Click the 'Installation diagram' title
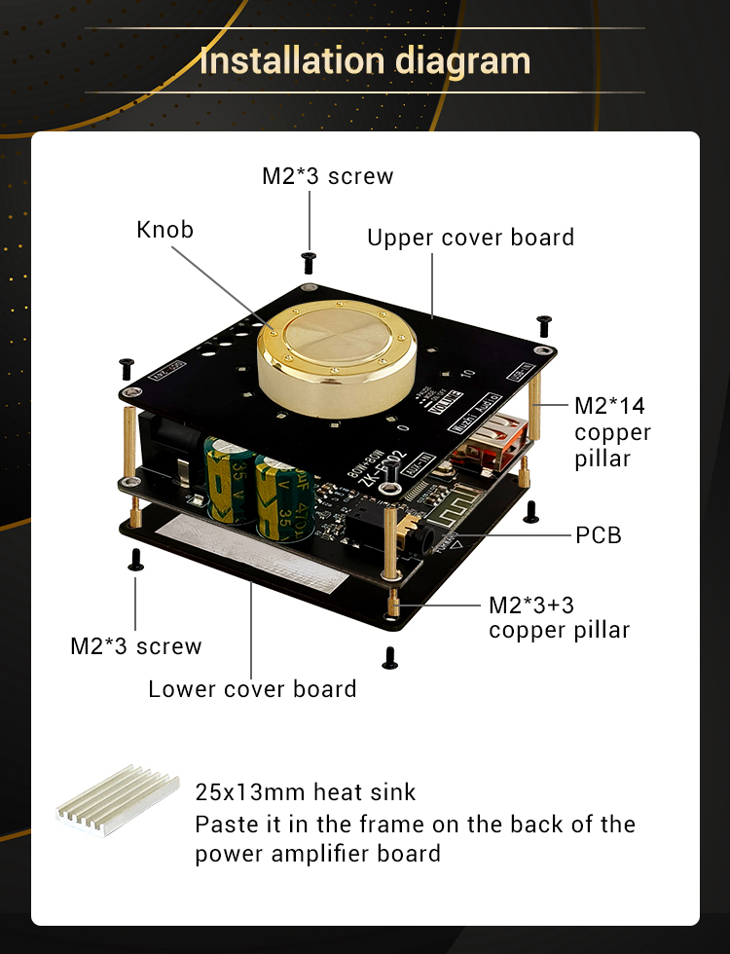365,61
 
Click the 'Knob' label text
165,230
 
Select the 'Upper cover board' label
470,238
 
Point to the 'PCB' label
599,534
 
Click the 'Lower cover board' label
252,689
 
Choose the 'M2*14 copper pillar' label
612,432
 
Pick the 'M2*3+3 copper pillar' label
559,617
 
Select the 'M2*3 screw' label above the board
328,176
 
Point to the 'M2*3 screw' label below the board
136,646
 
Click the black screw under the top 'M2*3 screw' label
310,260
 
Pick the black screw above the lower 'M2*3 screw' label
136,558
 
